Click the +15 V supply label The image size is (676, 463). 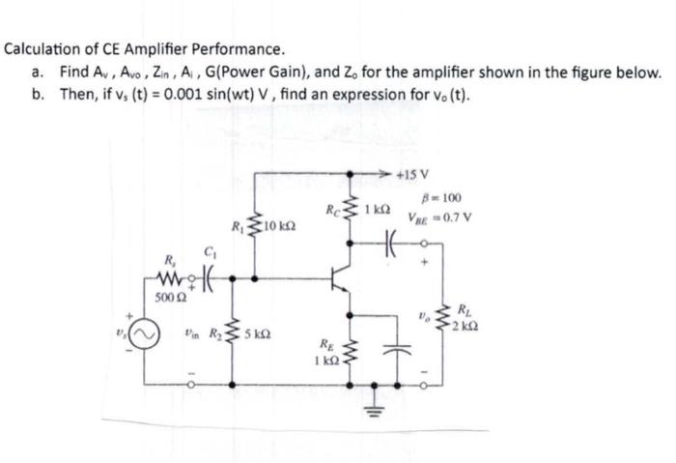[x=426, y=175]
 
